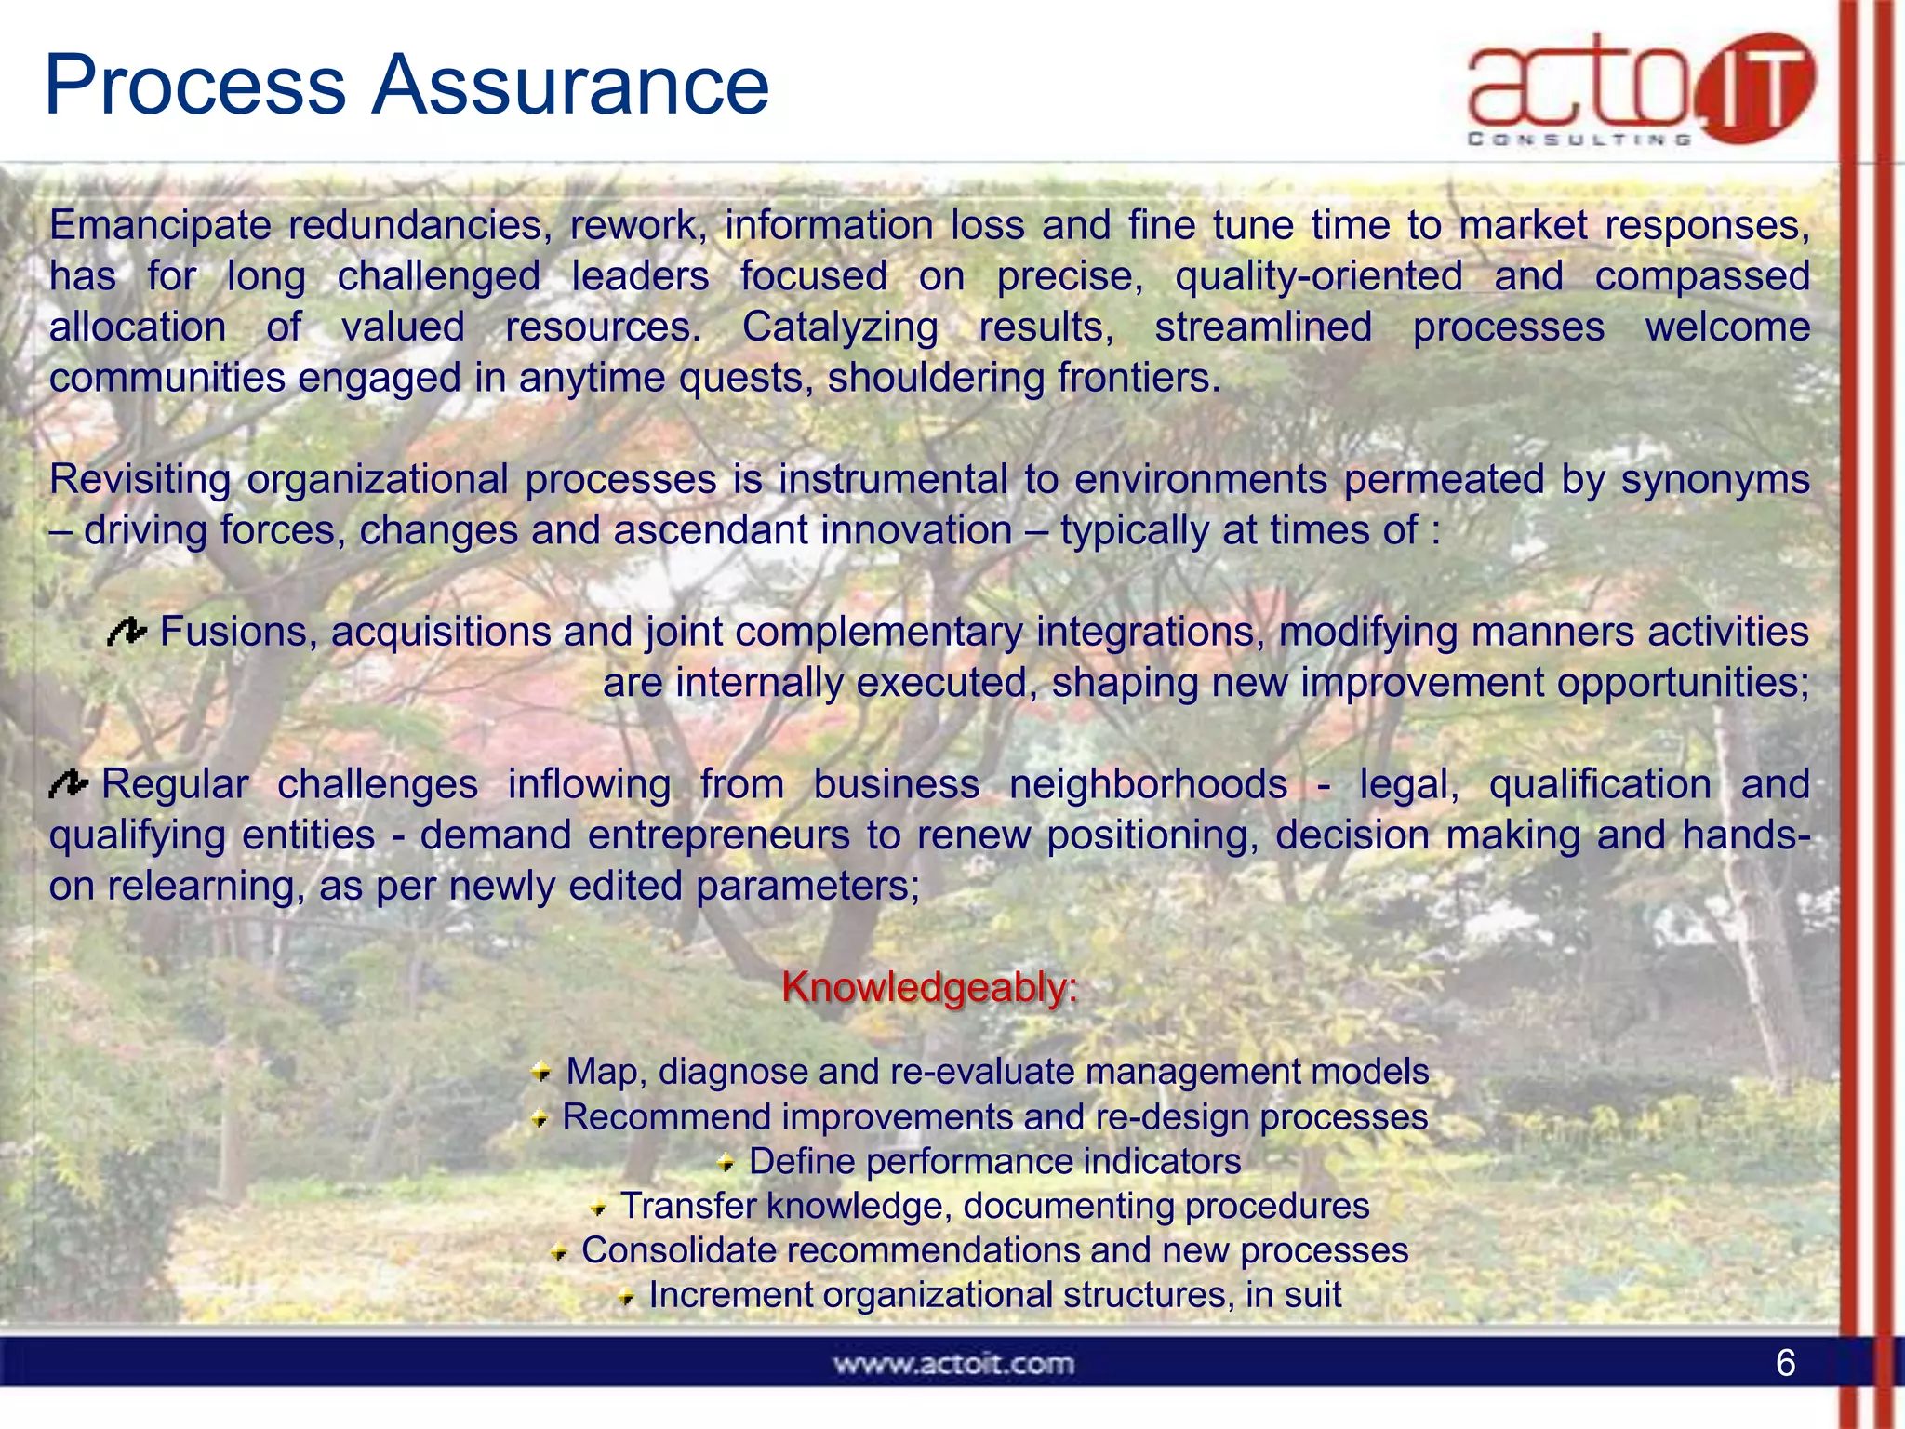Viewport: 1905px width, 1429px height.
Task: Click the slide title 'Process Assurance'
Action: point(406,86)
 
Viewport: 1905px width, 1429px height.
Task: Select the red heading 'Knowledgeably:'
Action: point(929,987)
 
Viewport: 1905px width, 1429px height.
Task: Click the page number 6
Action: point(1785,1363)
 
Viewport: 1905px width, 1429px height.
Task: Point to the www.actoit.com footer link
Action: point(953,1365)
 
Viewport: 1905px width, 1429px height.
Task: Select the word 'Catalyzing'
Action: point(840,327)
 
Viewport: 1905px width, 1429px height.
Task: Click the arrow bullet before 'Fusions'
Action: point(127,633)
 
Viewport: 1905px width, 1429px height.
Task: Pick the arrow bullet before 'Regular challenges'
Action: point(69,785)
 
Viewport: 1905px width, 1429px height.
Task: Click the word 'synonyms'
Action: point(1715,480)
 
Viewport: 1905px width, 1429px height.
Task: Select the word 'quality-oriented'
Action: point(1318,277)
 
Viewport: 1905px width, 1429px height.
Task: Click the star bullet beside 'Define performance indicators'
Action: point(726,1163)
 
